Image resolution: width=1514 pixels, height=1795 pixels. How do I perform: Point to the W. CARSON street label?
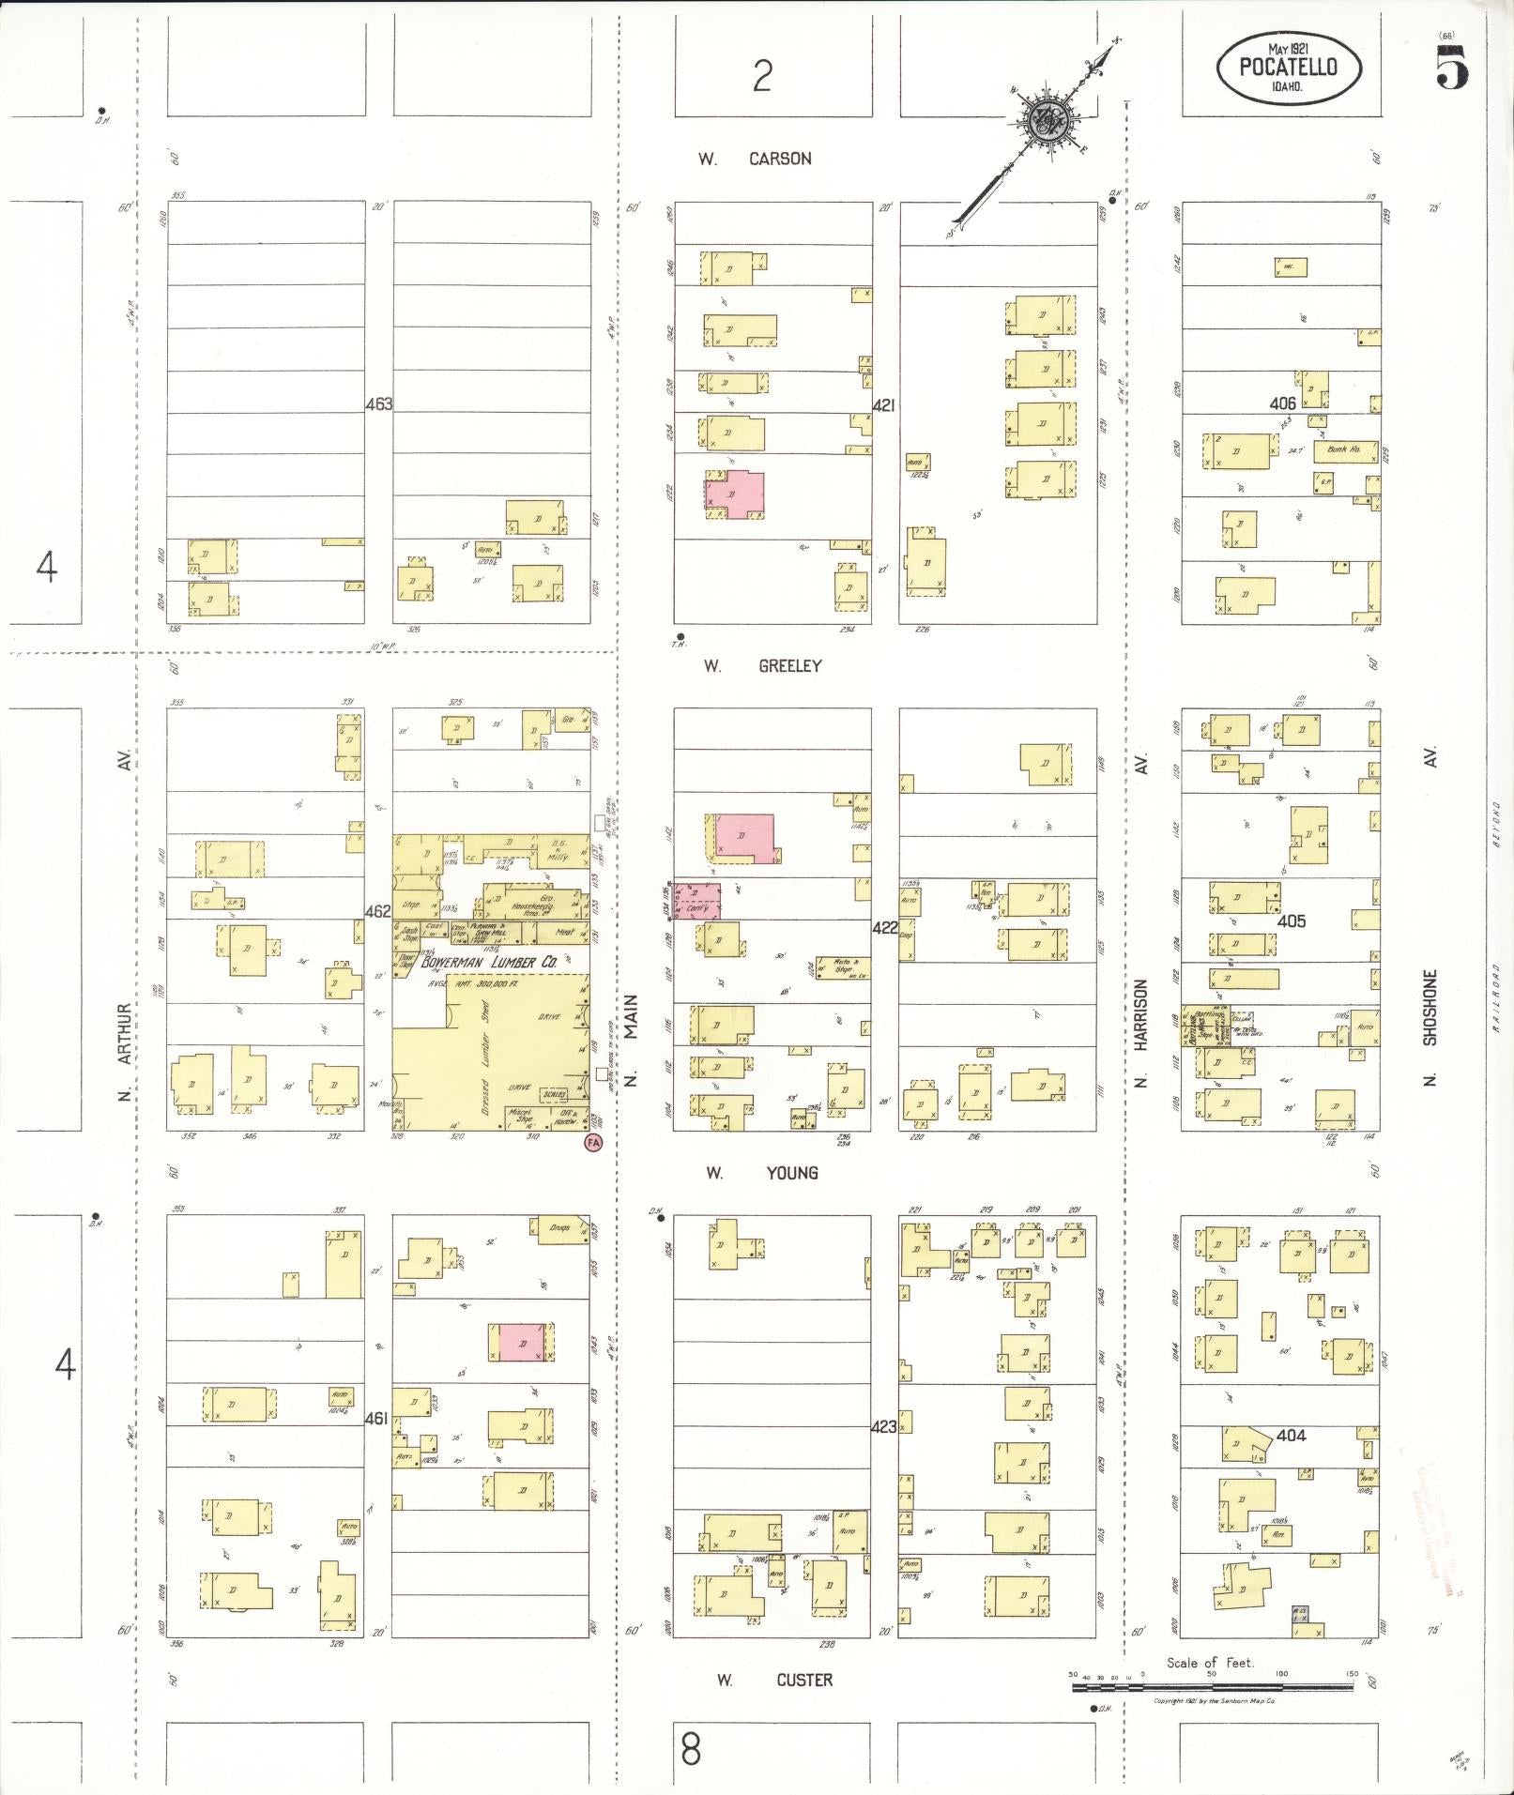(x=755, y=159)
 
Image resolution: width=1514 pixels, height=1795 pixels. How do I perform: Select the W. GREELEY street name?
(x=764, y=665)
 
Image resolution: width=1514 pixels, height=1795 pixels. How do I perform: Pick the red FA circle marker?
(x=592, y=1142)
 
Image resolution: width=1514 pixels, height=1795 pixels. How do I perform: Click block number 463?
(x=378, y=404)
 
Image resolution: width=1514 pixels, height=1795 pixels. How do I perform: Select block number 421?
(x=884, y=404)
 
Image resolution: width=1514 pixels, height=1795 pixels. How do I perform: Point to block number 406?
(x=1282, y=403)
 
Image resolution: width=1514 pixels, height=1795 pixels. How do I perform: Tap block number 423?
(x=884, y=1426)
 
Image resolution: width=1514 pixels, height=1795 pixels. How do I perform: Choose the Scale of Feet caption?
(x=1210, y=1662)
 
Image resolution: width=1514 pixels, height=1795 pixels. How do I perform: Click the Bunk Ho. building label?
(x=1344, y=449)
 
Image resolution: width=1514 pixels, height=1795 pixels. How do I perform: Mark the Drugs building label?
(x=559, y=1227)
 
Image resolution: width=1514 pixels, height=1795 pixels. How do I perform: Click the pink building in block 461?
(x=521, y=1342)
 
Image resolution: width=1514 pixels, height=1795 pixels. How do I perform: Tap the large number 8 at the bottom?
(x=691, y=1749)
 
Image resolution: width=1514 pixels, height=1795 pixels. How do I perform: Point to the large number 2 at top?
(x=761, y=75)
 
